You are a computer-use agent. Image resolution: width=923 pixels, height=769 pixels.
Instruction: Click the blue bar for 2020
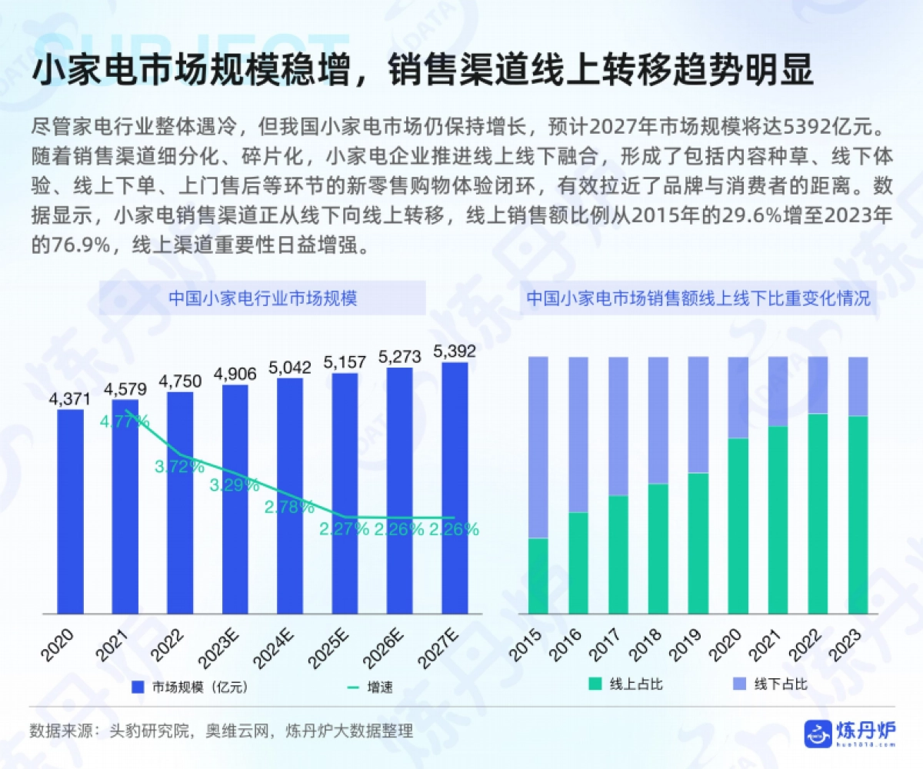pos(71,511)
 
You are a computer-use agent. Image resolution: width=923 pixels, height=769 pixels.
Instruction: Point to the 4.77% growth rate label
pos(125,421)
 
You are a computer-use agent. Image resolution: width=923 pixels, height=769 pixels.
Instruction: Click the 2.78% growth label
pos(289,507)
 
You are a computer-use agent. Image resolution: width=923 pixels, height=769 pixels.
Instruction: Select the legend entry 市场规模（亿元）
pos(189,687)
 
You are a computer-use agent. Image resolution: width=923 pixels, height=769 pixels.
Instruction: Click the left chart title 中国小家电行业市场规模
pos(262,298)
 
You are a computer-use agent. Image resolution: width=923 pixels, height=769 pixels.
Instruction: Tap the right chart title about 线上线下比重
pos(698,298)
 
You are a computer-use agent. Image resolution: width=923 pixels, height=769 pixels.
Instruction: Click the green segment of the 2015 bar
pos(538,576)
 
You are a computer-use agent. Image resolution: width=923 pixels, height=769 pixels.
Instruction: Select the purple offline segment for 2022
pos(818,385)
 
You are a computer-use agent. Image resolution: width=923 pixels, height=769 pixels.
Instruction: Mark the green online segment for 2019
pos(698,543)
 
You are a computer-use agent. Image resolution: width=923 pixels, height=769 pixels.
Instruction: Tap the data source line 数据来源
pos(222,731)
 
